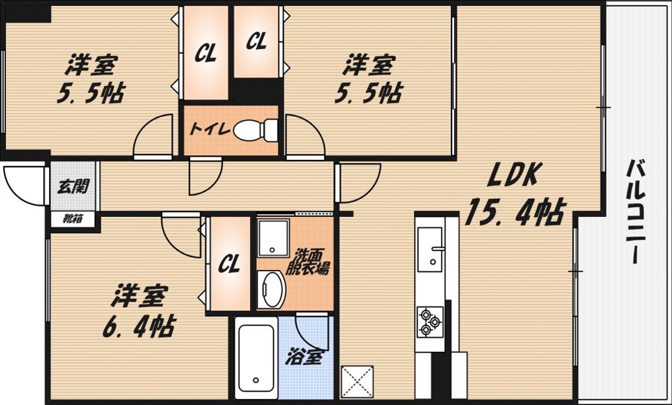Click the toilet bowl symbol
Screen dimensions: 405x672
[x=256, y=130]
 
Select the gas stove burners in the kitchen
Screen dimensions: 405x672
[x=429, y=321]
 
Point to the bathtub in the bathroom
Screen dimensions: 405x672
[x=255, y=360]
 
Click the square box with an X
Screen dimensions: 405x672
[x=356, y=380]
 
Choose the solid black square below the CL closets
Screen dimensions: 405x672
[x=256, y=90]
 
